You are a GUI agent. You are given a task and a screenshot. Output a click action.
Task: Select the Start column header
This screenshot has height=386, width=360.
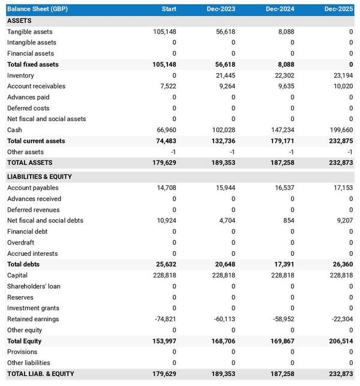point(169,9)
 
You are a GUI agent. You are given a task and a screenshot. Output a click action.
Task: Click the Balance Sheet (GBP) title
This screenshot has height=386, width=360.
point(33,9)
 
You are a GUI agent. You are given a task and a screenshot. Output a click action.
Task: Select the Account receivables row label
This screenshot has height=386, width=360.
point(36,86)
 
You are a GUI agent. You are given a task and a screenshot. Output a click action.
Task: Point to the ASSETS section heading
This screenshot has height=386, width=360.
point(19,21)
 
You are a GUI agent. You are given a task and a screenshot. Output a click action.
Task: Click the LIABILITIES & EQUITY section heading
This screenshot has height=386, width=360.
point(39,177)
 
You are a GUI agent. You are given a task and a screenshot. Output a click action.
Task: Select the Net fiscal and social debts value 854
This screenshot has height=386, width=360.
point(288,221)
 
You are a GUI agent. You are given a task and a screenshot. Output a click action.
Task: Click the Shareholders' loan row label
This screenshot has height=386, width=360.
point(34,287)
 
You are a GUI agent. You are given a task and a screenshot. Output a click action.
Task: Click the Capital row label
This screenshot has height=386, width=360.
point(17,276)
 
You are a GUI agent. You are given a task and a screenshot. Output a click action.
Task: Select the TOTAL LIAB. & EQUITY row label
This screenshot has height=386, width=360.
point(41,374)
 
